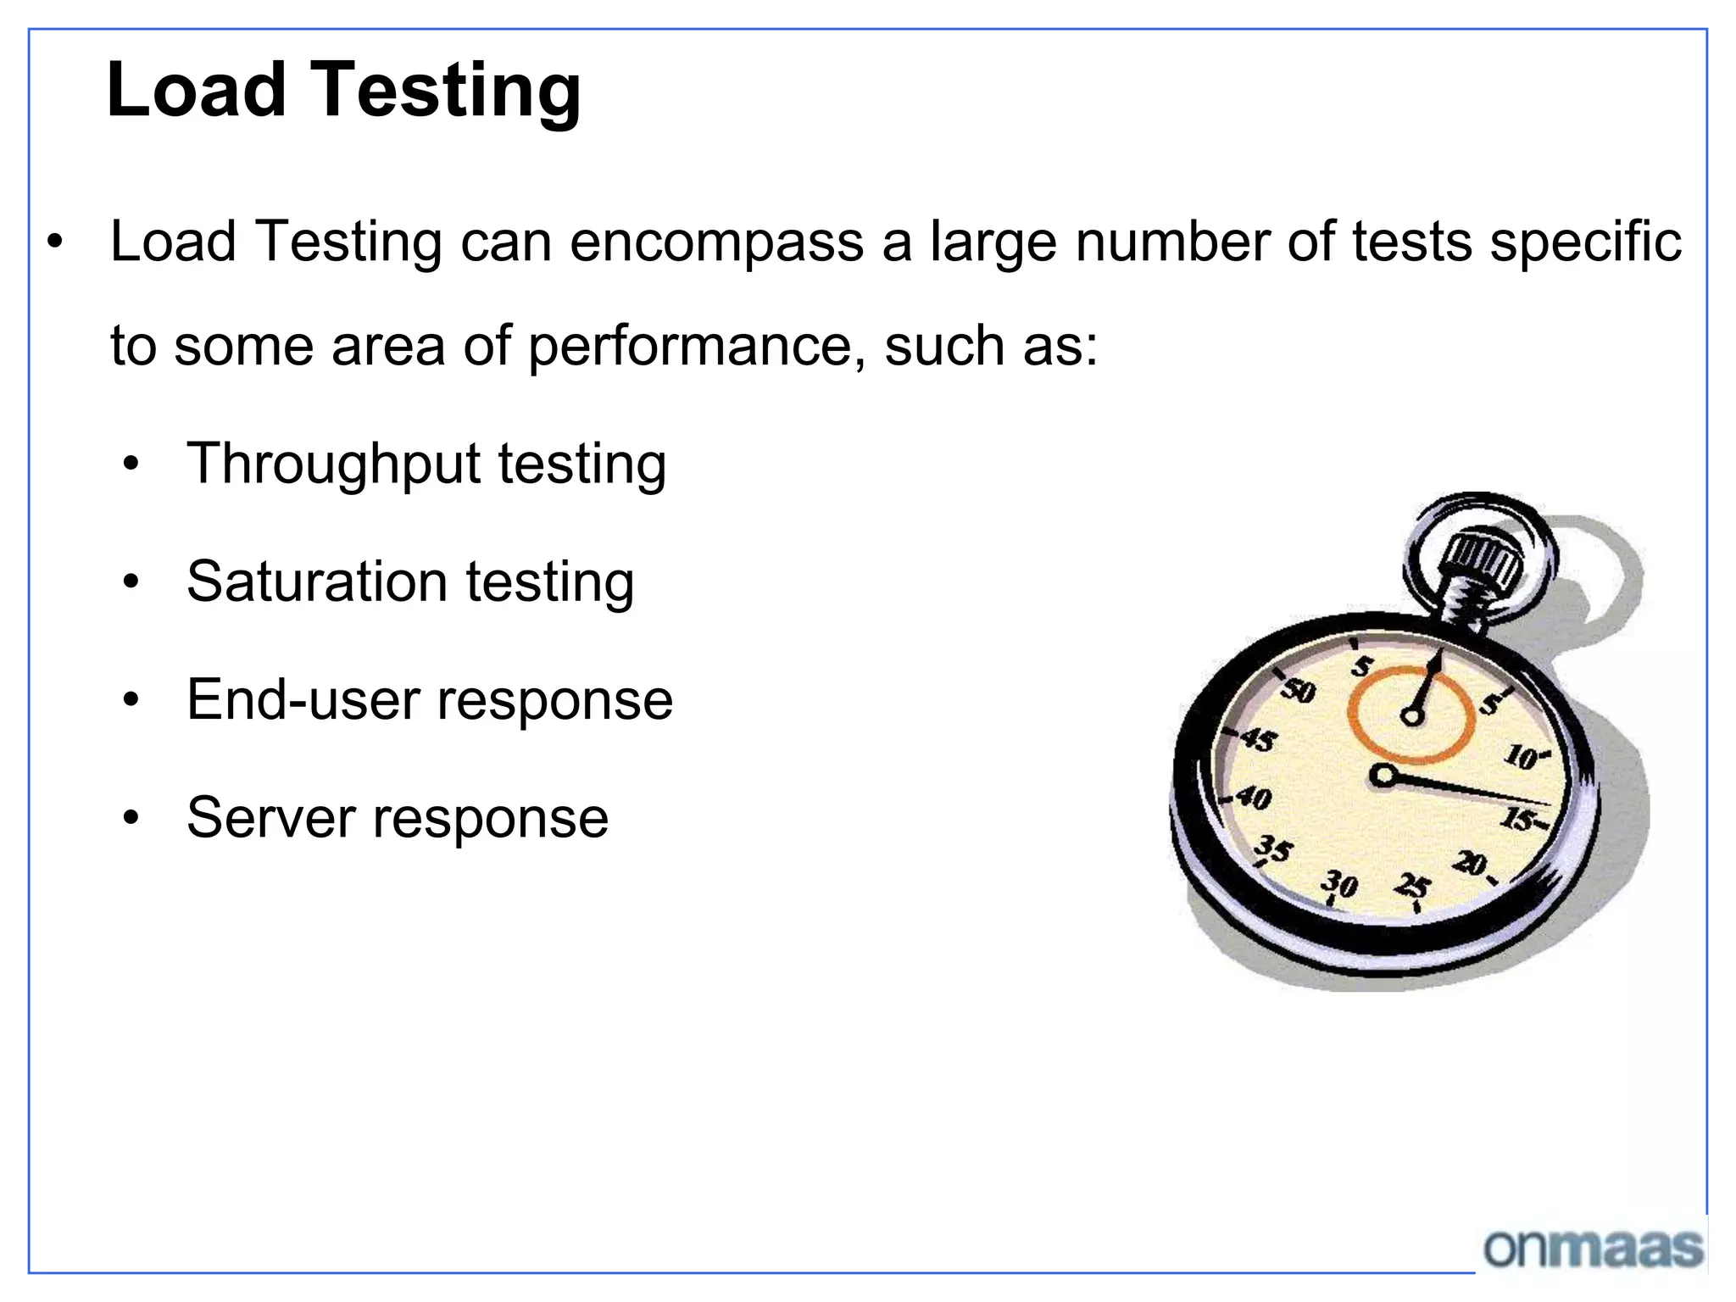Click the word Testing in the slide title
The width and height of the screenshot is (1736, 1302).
[448, 92]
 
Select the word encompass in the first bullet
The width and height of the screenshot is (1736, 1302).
[716, 242]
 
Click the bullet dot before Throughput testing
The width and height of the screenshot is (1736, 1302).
[131, 465]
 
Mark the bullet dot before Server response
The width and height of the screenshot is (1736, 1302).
[131, 818]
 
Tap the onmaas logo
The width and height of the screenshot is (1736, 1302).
[1594, 1249]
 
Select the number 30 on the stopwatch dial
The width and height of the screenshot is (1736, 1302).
[1340, 884]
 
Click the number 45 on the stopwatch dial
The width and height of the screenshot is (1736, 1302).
[1259, 740]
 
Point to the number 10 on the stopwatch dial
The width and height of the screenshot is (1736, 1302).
[1523, 756]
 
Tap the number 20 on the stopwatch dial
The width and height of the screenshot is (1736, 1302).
[1471, 864]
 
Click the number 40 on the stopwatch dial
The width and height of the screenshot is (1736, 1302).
[1254, 798]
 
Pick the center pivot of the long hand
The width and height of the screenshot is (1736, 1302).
[1383, 775]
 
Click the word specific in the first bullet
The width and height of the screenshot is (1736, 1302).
[1586, 242]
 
